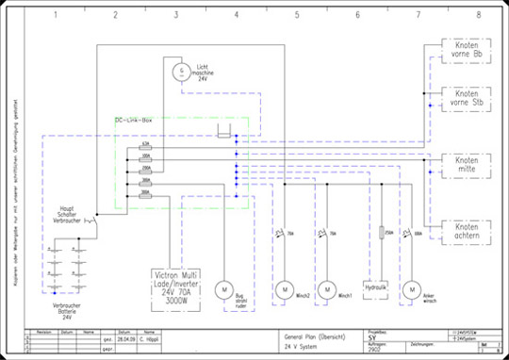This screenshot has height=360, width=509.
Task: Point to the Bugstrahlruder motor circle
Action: coord(224,287)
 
